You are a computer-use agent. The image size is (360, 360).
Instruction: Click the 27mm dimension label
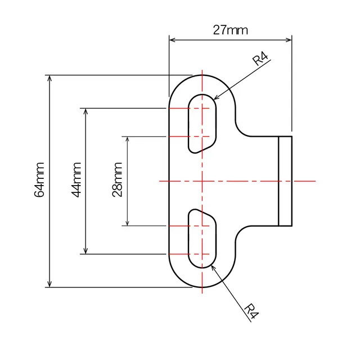(x=230, y=30)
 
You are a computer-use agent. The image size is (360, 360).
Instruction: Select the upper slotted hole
(x=201, y=123)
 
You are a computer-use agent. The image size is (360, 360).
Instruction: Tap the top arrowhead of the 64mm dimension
(x=51, y=79)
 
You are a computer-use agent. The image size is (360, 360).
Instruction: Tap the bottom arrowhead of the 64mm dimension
(x=51, y=283)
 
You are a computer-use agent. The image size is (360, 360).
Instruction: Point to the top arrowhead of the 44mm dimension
(x=85, y=112)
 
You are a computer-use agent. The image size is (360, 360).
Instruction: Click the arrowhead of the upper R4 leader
(x=215, y=98)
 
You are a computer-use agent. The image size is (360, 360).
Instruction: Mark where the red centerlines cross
(x=201, y=181)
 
